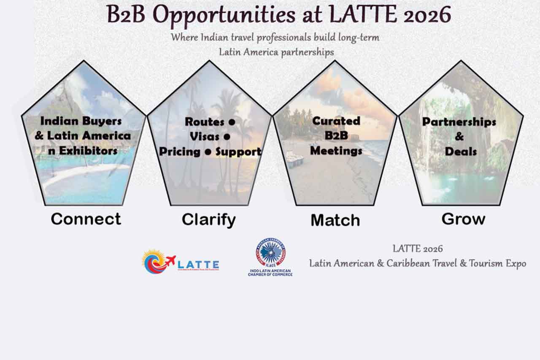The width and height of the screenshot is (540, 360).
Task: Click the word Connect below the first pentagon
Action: pyautogui.click(x=86, y=219)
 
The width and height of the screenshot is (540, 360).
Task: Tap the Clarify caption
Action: pyautogui.click(x=208, y=219)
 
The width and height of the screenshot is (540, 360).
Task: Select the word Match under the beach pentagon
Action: pyautogui.click(x=335, y=220)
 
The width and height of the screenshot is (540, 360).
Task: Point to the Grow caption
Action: pyautogui.click(x=463, y=219)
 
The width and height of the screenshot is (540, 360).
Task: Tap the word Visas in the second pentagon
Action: pyautogui.click(x=205, y=137)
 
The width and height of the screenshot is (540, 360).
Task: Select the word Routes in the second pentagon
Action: pyautogui.click(x=205, y=122)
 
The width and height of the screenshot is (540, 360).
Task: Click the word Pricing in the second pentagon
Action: pyautogui.click(x=179, y=152)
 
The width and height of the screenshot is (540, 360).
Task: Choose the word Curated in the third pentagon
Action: pyautogui.click(x=336, y=121)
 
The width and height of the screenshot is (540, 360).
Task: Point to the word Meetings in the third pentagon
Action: pyautogui.click(x=336, y=150)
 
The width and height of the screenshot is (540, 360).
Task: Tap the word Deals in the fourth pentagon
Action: pyautogui.click(x=460, y=151)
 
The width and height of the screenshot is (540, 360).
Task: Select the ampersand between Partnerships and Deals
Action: pyautogui.click(x=459, y=136)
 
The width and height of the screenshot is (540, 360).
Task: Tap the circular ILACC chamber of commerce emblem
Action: pyautogui.click(x=270, y=252)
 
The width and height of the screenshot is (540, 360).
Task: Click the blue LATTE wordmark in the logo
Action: pyautogui.click(x=198, y=263)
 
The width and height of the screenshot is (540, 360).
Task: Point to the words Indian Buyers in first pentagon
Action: pyautogui.click(x=81, y=121)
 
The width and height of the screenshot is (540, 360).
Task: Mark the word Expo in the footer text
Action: pyautogui.click(x=516, y=263)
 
